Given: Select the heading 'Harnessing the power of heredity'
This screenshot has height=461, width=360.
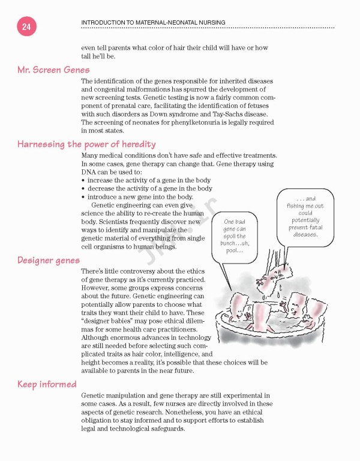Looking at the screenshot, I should (x=86, y=144).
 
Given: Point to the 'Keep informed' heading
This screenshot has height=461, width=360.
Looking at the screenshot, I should (x=47, y=384).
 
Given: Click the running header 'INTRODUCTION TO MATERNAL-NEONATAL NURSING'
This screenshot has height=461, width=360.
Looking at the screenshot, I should (x=153, y=23).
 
